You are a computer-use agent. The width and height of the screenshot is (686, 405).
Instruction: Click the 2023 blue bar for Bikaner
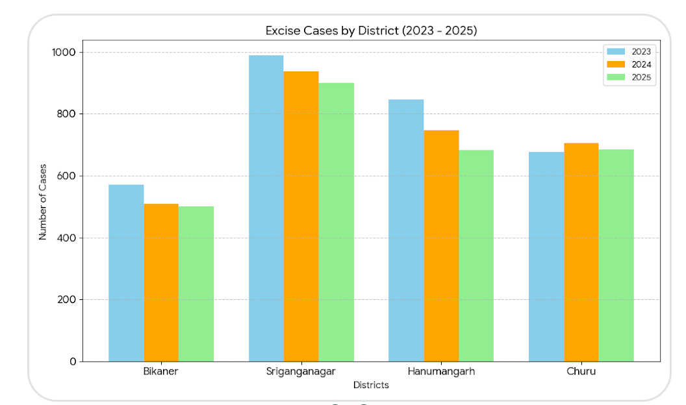pyautogui.click(x=126, y=273)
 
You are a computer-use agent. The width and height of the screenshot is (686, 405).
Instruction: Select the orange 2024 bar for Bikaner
pyautogui.click(x=161, y=282)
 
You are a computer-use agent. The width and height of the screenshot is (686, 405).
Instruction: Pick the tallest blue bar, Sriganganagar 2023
pyautogui.click(x=266, y=208)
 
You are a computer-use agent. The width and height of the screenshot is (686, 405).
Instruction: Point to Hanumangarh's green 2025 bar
pyautogui.click(x=476, y=256)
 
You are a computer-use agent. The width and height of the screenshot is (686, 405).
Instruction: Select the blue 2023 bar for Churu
pyautogui.click(x=546, y=256)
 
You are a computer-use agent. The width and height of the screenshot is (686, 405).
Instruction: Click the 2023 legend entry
pyautogui.click(x=629, y=51)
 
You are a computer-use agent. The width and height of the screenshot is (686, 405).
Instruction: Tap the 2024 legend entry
pyautogui.click(x=629, y=64)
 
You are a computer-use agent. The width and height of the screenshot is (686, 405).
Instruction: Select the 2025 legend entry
pyautogui.click(x=629, y=77)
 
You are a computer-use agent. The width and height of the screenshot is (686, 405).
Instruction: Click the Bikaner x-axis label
pyautogui.click(x=160, y=372)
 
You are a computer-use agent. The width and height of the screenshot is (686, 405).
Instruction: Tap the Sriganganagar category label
pyautogui.click(x=301, y=372)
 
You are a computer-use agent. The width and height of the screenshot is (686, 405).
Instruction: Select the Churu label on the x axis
pyautogui.click(x=581, y=372)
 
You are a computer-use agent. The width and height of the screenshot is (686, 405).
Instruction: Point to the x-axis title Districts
pyautogui.click(x=371, y=385)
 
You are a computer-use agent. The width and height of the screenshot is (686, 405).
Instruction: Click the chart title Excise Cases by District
pyautogui.click(x=371, y=31)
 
